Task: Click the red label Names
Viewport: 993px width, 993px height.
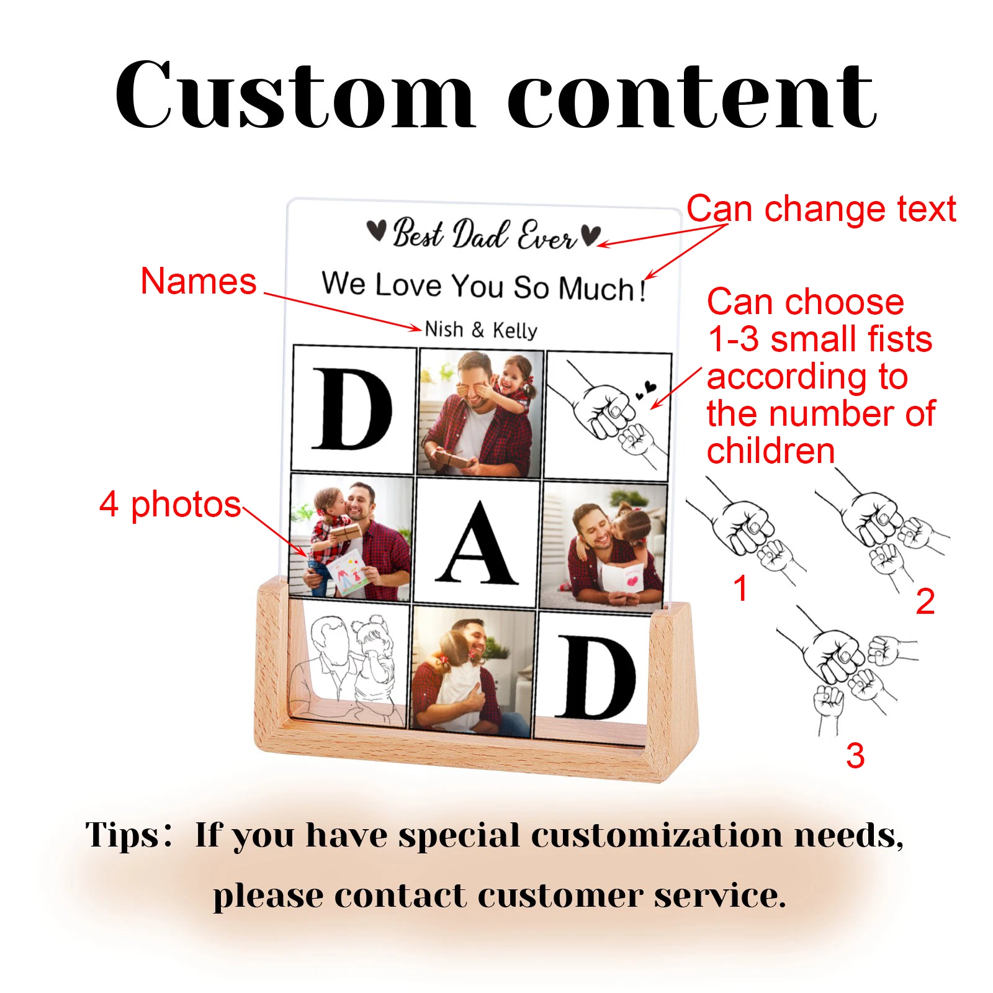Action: [199, 281]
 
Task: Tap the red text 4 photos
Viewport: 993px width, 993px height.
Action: [170, 504]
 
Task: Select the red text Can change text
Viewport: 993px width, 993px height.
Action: [821, 209]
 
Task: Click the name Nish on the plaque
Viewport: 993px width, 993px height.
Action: [444, 328]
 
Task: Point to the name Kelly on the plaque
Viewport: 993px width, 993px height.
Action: [514, 330]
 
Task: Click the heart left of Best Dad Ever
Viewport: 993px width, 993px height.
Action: [376, 231]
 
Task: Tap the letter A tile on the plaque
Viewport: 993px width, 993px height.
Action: [477, 541]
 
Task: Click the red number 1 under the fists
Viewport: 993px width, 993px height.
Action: [740, 587]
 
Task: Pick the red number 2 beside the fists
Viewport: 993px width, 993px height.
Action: [925, 601]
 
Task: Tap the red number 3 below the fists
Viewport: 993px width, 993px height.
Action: [855, 755]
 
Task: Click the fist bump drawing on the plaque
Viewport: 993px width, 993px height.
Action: [608, 415]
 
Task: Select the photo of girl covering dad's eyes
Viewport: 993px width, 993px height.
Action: [481, 412]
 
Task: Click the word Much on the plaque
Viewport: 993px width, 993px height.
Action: [596, 289]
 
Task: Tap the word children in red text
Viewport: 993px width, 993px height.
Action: [771, 451]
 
